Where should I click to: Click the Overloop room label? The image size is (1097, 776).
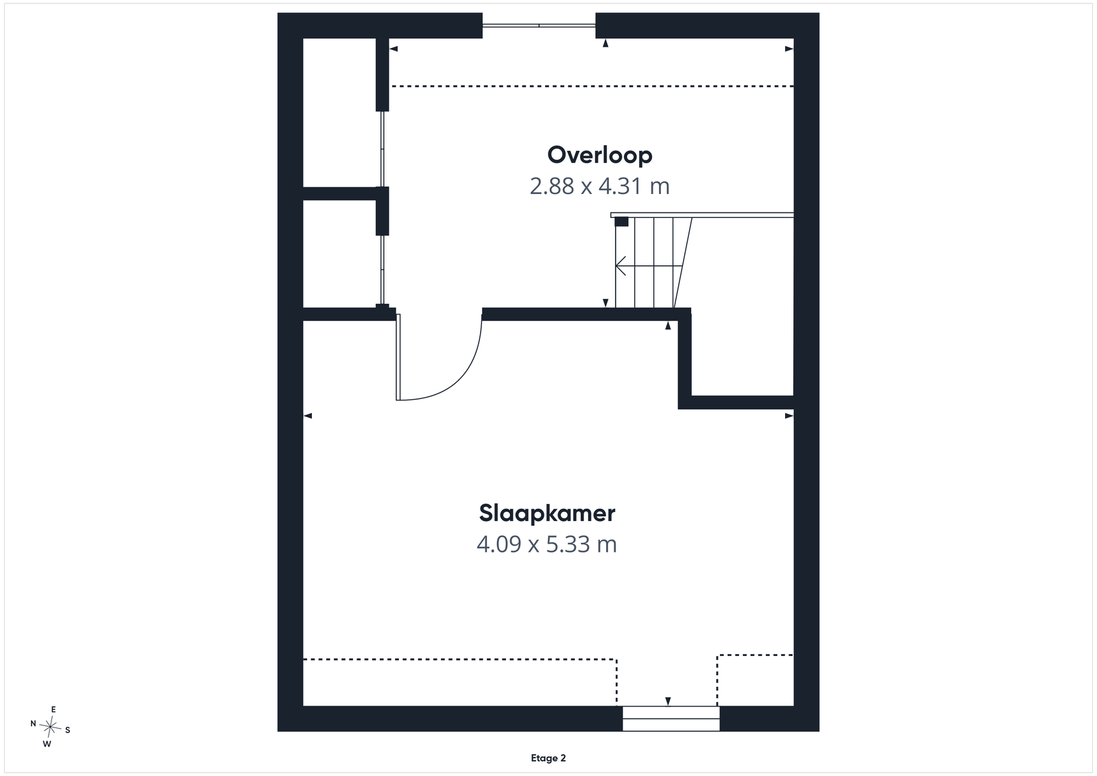(599, 155)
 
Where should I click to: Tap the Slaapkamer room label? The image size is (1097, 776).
(547, 513)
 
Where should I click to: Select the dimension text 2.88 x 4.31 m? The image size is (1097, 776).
(599, 186)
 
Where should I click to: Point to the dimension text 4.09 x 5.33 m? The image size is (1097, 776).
(546, 544)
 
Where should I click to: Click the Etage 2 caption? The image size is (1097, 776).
(548, 758)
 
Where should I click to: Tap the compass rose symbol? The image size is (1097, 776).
(50, 727)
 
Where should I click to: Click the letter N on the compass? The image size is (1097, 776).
(34, 723)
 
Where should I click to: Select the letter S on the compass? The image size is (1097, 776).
(68, 730)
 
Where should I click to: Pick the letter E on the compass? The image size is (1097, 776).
(53, 709)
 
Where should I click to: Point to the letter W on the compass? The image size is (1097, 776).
(47, 744)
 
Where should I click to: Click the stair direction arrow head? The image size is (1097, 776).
(620, 266)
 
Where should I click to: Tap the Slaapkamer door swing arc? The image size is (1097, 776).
(455, 377)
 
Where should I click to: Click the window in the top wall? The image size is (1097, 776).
(539, 25)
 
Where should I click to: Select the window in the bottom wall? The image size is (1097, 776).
(671, 718)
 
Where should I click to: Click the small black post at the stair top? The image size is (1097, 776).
(621, 222)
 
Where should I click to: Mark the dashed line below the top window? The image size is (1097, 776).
(592, 86)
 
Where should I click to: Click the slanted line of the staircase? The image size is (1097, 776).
(683, 263)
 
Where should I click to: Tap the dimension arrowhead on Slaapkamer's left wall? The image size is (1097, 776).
(308, 415)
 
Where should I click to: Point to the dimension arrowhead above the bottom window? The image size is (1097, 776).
(668, 701)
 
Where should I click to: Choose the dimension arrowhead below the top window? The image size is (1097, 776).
(605, 43)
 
